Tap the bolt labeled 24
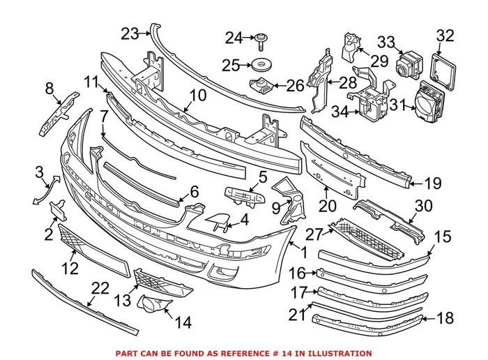point(261,42)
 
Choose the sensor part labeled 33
point(406,66)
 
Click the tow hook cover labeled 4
point(218,223)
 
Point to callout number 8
point(49,89)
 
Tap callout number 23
point(130,33)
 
